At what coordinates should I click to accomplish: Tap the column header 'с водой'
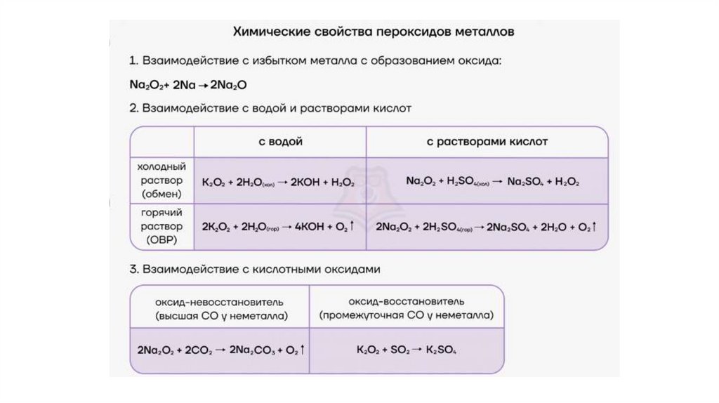280,142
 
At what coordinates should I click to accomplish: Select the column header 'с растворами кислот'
487,142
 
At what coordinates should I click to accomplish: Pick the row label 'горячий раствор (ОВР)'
161,227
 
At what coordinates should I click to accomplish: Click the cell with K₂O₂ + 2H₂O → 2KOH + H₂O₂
278,182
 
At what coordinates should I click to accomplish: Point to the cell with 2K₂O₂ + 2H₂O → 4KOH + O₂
278,227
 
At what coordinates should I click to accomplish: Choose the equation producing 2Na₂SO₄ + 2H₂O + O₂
487,227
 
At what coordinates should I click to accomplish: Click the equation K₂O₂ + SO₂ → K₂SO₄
407,349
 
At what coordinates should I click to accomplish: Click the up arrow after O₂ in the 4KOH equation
351,227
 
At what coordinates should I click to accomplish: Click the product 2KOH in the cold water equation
305,182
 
